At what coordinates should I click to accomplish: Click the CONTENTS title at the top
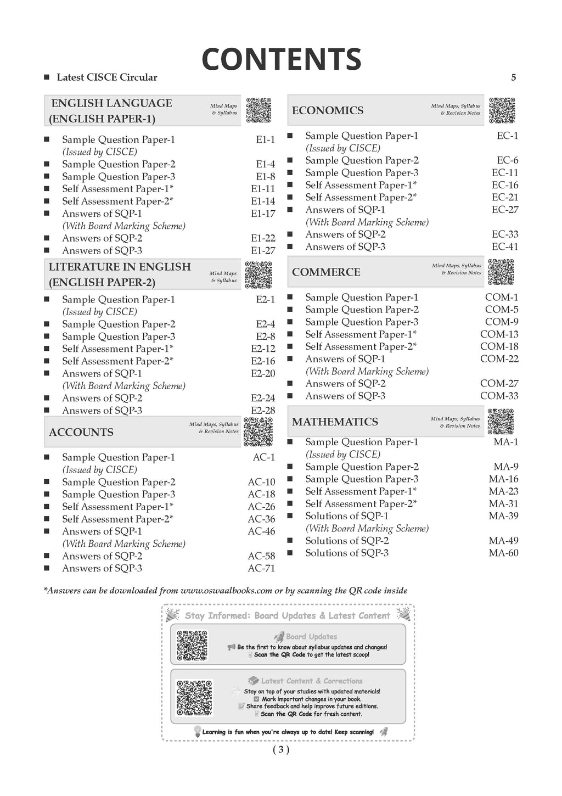pos(281,59)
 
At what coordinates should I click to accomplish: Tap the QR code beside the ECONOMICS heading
pos(502,110)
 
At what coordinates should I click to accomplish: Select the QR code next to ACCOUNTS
pos(258,431)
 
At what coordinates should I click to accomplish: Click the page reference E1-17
pos(263,214)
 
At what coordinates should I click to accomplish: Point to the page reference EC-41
pos(505,246)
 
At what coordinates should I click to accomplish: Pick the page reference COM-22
pos(499,358)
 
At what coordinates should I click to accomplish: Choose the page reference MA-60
pos(503,553)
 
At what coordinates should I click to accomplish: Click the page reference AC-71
pos(261,568)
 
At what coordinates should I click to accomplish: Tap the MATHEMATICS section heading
pos(335,422)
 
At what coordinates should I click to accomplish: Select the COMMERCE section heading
pos(326,272)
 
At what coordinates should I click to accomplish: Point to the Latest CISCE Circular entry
pos(106,77)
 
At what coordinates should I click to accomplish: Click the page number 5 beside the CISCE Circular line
pos(514,77)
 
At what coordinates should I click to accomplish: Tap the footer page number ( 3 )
pos(280,749)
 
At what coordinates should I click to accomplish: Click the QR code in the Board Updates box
pos(193,645)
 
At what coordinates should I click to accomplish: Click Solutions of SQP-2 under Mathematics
pos(347,541)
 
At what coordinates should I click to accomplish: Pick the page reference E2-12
pos(263,349)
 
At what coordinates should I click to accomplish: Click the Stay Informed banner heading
pos(288,615)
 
